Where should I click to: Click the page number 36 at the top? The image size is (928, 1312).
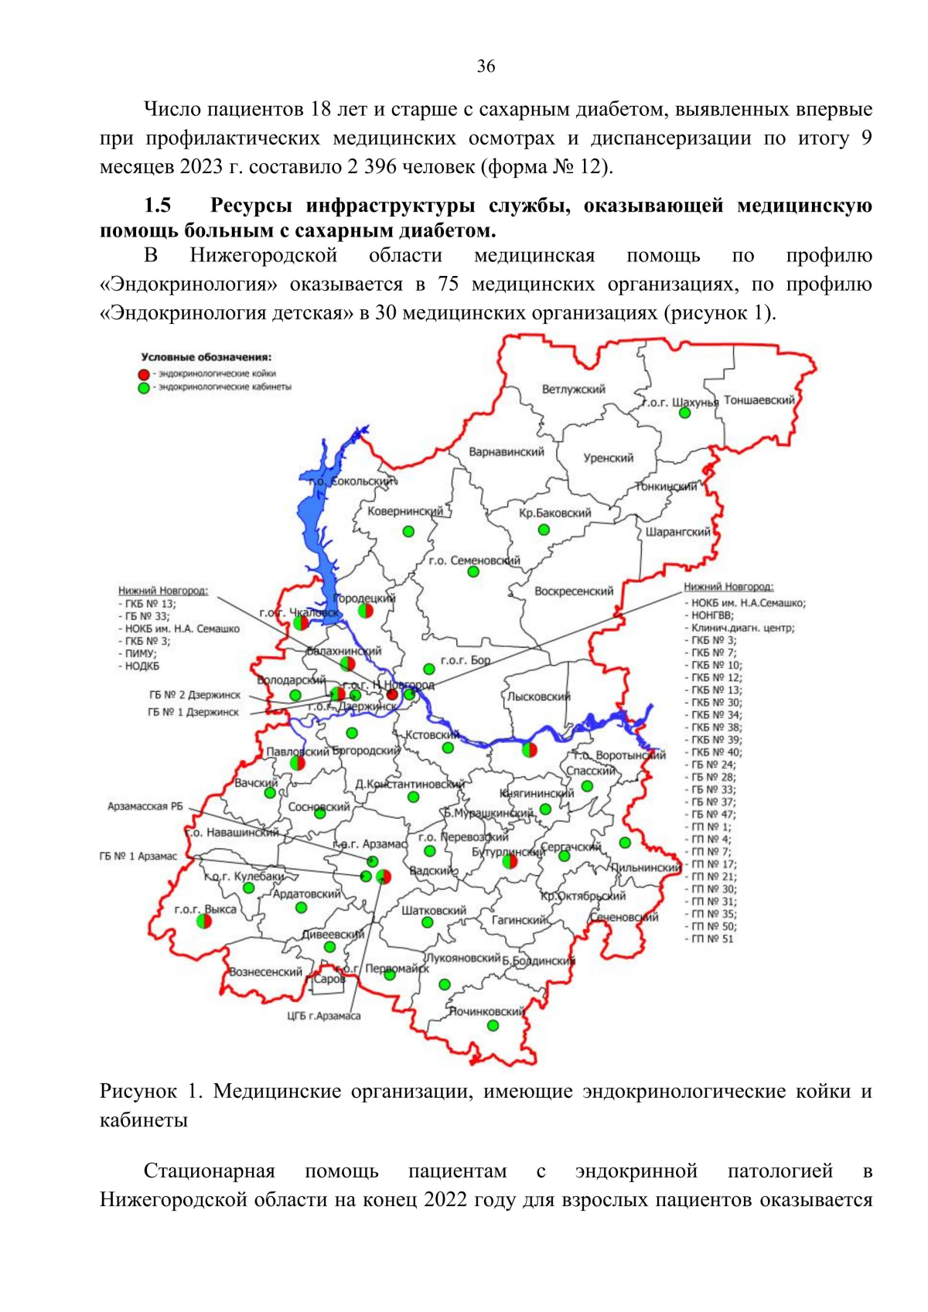coord(486,66)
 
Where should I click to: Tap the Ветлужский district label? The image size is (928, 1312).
coord(573,390)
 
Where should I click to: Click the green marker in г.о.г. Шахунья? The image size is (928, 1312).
coord(684,413)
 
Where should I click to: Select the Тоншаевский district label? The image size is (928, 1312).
coord(759,400)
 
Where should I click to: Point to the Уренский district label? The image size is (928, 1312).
coord(608,458)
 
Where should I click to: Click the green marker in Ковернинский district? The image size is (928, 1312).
coord(408,531)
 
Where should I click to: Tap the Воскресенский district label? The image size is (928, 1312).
coord(574,591)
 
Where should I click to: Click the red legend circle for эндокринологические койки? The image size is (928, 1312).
coord(144,374)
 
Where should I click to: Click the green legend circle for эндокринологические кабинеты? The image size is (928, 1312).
coord(144,387)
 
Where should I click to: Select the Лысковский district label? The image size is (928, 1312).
coord(538,697)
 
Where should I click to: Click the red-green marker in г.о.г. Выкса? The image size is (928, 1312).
coord(204,921)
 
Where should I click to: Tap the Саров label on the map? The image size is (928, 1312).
coord(329,979)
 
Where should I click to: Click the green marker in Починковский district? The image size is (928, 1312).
coord(493,1026)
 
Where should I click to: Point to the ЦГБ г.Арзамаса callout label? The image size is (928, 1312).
coord(323,1016)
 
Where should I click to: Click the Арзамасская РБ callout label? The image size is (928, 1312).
coord(145,806)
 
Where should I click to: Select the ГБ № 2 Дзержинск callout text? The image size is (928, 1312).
coord(194,695)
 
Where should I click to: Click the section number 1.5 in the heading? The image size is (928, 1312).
coord(157,206)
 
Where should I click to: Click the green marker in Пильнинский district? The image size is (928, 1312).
coord(625,843)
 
